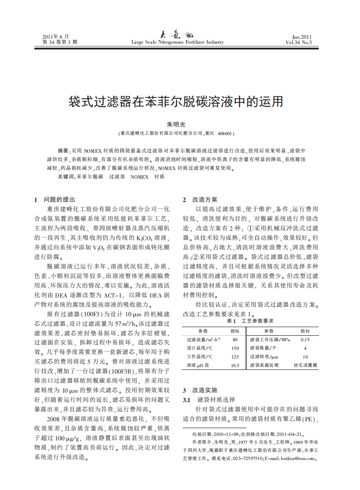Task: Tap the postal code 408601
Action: [x=225, y=134]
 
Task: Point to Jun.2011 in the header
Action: [x=302, y=36]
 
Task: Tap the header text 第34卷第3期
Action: [x=60, y=42]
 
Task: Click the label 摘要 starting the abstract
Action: [x=64, y=150]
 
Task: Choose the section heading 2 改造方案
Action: [x=200, y=200]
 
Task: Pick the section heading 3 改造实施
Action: [x=200, y=390]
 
